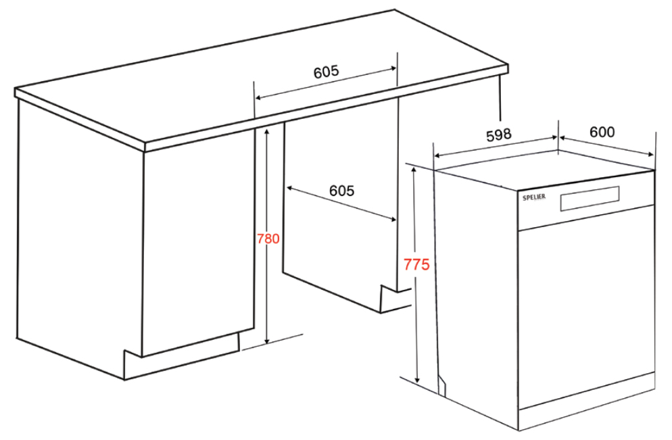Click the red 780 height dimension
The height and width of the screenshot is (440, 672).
pos(268,239)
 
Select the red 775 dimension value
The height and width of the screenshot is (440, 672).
pos(416,264)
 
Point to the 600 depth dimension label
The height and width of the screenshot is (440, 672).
pos(602,132)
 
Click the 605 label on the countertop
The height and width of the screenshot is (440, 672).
pos(326,72)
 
